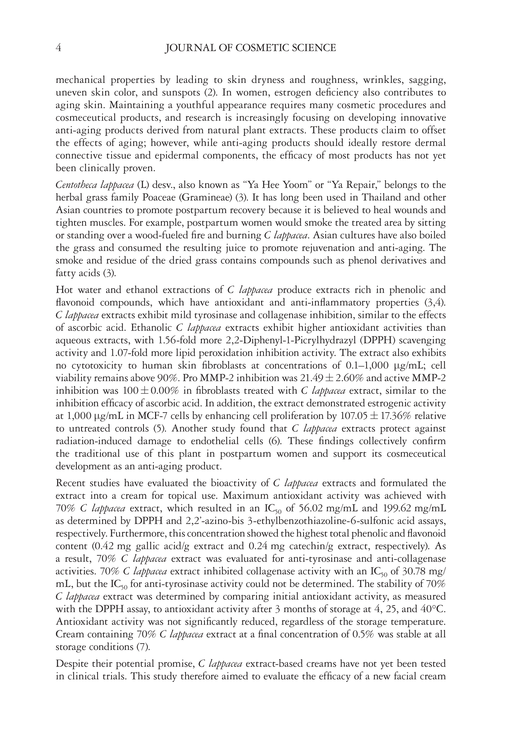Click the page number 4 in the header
click(58, 48)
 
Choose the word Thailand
click(381, 197)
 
